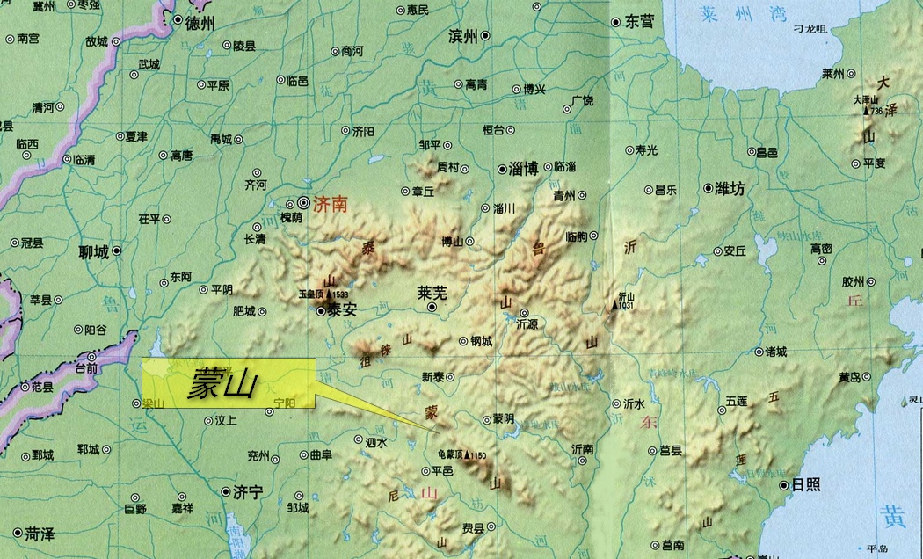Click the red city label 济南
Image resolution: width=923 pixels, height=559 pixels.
coord(331,205)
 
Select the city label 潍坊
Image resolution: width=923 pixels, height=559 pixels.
coord(730,188)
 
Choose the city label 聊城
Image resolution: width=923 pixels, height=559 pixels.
coord(93,252)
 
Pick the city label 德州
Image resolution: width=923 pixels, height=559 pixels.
coord(200,24)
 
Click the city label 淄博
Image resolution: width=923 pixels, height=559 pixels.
coord(524,169)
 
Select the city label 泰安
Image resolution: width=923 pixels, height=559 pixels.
coord(342,310)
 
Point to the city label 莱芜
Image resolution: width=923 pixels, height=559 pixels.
coord(432,293)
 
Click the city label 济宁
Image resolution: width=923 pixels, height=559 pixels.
coord(249,493)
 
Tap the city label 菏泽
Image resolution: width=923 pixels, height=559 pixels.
coord(40,534)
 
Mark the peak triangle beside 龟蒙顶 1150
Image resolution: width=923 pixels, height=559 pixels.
coord(467,456)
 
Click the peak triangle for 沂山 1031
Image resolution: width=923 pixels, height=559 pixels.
coord(615,306)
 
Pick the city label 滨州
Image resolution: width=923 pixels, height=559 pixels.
coord(462,36)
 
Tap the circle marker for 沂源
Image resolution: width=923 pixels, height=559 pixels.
coord(524,312)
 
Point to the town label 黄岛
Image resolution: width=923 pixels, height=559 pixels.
coord(849,378)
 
